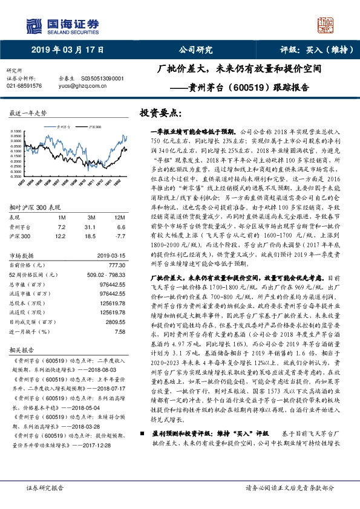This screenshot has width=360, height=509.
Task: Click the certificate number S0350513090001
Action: pyautogui.click(x=102, y=79)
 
